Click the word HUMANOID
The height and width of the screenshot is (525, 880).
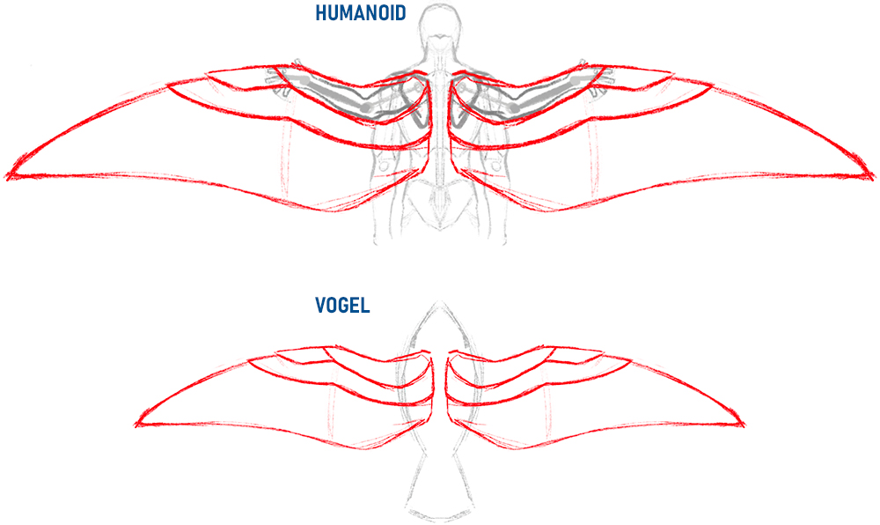[x=360, y=13]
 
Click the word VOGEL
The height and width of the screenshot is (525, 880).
[x=342, y=305]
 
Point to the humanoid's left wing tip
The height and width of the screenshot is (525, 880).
[x=7, y=176]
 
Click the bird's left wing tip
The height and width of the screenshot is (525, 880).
[x=137, y=425]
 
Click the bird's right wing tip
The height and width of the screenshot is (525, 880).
[x=743, y=425]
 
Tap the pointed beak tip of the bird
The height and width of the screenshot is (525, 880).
[x=441, y=301]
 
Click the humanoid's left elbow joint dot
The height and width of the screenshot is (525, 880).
[x=366, y=107]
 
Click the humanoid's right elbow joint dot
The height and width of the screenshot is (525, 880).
[x=514, y=107]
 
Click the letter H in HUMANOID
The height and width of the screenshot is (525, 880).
[x=321, y=13]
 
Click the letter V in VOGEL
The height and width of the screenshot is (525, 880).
[x=321, y=305]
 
